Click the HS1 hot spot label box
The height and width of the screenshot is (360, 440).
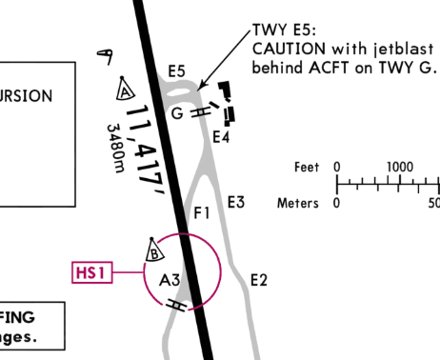click(92, 273)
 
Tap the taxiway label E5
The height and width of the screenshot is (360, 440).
click(176, 70)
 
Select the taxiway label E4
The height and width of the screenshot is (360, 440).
click(221, 137)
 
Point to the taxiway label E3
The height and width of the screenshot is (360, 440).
click(236, 202)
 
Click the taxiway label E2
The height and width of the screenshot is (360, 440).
click(258, 279)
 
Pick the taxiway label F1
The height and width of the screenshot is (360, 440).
click(201, 212)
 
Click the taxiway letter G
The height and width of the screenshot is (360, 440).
click(176, 113)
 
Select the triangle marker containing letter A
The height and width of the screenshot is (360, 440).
click(124, 90)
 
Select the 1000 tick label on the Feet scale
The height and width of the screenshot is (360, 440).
click(399, 168)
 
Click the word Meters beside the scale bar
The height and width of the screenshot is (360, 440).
click(298, 203)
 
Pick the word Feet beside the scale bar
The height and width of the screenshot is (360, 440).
click(307, 168)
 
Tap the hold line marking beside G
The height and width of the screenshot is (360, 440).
click(199, 111)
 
